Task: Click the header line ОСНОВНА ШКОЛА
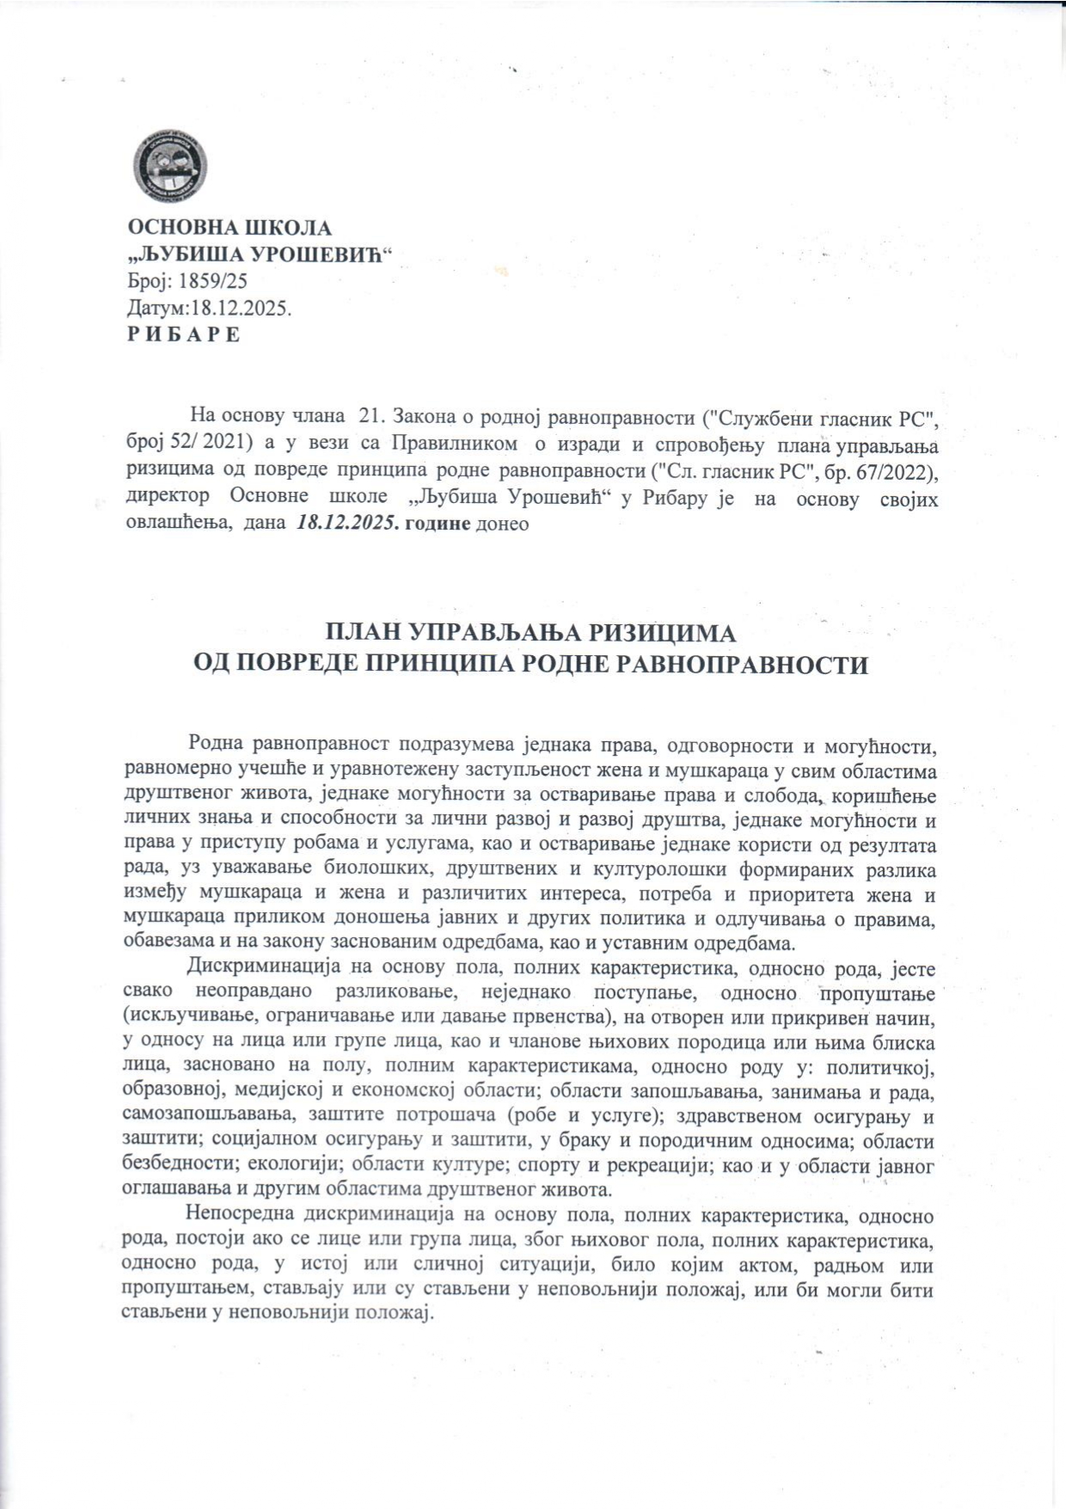tap(230, 229)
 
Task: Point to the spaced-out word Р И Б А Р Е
tap(184, 334)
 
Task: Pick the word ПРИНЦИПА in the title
tap(505, 666)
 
